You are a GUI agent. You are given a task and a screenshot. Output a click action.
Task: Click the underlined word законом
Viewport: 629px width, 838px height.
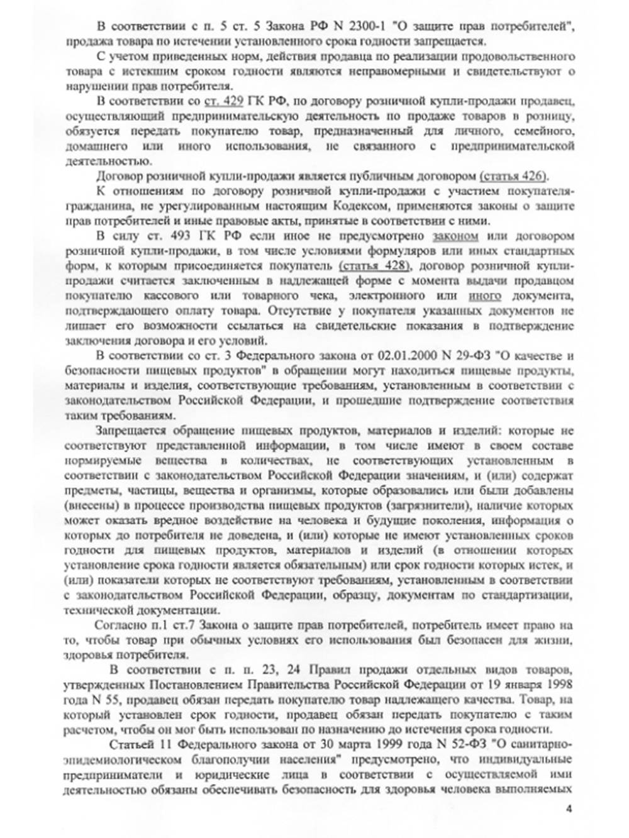tap(455, 236)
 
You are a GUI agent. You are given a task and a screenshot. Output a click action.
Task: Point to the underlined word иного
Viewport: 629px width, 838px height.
tap(485, 295)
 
